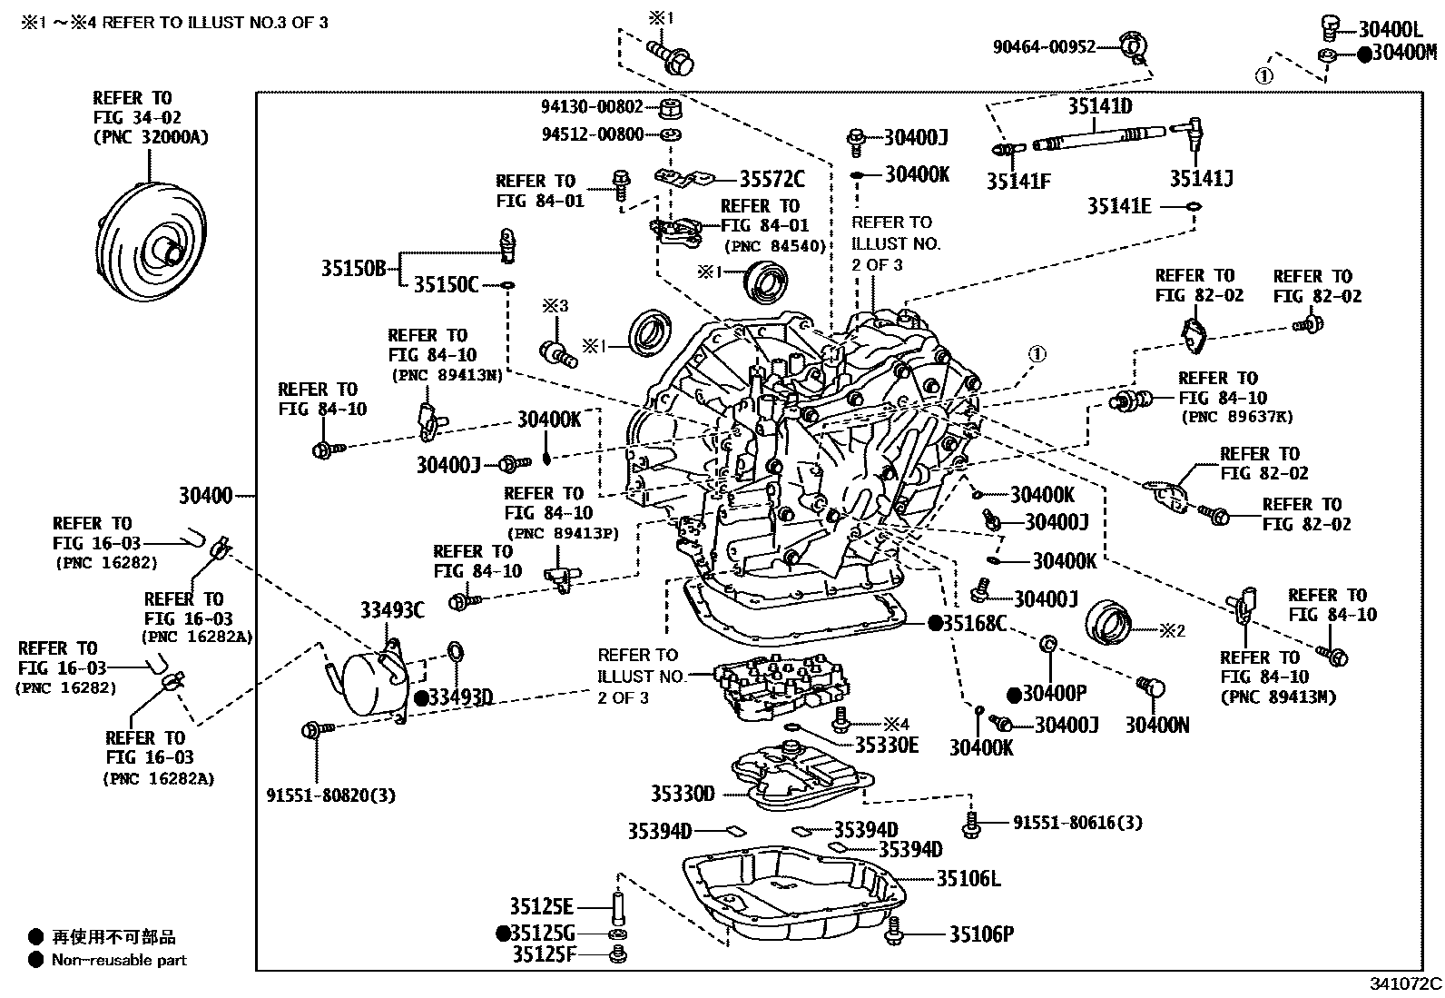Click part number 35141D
tap(1100, 106)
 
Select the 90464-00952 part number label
tap(1044, 46)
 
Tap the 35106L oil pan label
tap(968, 878)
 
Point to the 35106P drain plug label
tap(981, 934)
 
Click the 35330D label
tap(683, 794)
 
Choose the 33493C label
tap(392, 610)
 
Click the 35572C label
tap(772, 178)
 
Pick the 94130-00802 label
tap(592, 106)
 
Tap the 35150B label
tap(353, 268)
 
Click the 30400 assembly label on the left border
tap(206, 496)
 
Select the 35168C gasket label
tap(974, 624)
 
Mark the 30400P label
tap(1055, 693)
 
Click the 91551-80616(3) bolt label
tap(1077, 823)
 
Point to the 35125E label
tap(541, 907)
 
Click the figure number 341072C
tap(1406, 983)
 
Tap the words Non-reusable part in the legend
tap(119, 960)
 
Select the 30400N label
tap(1157, 726)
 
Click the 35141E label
tap(1119, 206)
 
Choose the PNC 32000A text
tap(152, 137)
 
